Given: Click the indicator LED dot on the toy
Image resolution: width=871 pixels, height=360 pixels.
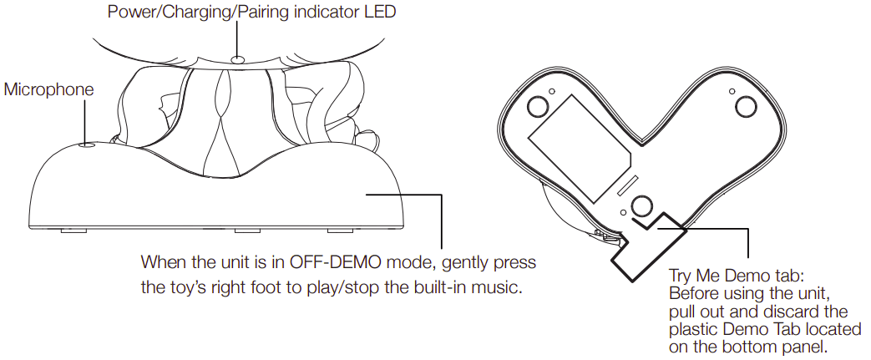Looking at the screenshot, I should [239, 58].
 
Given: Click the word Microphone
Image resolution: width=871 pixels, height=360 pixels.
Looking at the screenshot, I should [49, 89].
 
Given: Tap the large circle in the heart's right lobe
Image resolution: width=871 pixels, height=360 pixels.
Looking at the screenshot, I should [745, 106].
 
